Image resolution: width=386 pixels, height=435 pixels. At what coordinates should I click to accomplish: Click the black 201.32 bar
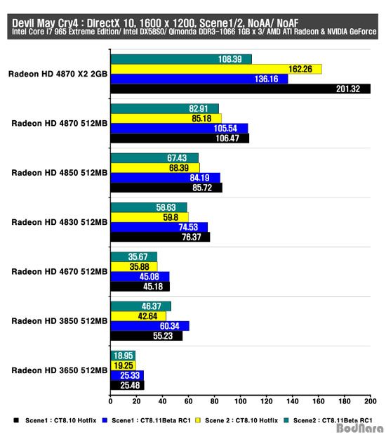point(241,89)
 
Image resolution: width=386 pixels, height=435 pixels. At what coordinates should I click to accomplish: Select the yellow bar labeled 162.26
point(216,69)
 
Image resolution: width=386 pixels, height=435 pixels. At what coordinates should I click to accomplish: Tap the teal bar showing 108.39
point(181,59)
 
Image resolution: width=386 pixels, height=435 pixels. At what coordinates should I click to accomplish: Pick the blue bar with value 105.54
point(179,129)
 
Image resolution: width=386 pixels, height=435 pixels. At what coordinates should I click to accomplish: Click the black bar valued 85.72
point(166,188)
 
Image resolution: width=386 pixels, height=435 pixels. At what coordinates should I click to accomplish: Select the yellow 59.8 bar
point(149,218)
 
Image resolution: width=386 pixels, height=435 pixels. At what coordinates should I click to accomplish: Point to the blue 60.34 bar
point(150,326)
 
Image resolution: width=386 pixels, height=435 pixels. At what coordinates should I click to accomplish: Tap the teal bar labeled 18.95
point(123,356)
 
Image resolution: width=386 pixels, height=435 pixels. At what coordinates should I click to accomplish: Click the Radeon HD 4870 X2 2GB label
point(58,74)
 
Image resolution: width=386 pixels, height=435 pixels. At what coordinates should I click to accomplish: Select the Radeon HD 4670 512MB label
point(60,271)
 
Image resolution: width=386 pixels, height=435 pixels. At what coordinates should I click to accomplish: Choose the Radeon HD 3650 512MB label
point(60,370)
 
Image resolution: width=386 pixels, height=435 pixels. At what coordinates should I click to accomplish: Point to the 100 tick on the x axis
point(240,401)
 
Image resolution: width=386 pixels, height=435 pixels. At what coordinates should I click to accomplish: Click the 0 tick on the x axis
point(111,401)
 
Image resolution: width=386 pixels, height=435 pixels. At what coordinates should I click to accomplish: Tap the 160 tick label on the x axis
point(319,401)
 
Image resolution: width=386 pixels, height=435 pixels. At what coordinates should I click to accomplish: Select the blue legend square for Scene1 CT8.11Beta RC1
point(105,420)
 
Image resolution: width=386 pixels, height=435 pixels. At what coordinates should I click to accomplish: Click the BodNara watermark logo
point(359,429)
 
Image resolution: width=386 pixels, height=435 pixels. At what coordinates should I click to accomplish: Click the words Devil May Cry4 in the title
point(45,23)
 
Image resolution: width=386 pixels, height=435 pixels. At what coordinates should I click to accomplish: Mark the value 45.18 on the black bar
point(153,287)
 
